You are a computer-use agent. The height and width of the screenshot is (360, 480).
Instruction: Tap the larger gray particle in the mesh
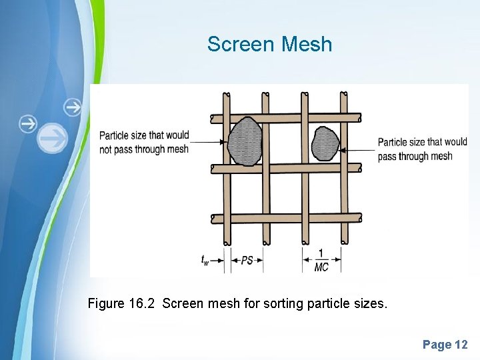245,141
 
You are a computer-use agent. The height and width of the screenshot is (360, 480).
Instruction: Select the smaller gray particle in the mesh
325,143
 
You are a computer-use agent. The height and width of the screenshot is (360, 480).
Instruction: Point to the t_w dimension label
205,260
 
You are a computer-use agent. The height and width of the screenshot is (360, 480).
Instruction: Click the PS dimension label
247,261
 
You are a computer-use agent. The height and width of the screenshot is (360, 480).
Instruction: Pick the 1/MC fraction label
321,261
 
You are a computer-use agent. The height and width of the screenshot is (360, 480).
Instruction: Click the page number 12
461,345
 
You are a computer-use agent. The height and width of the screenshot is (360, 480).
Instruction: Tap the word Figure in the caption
106,304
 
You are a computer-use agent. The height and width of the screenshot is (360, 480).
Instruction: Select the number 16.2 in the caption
142,304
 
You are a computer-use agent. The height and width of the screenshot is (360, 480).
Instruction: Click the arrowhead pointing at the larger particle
222,142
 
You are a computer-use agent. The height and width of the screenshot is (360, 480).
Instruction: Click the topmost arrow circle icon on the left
73,107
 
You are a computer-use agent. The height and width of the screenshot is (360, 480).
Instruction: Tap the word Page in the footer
436,345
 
